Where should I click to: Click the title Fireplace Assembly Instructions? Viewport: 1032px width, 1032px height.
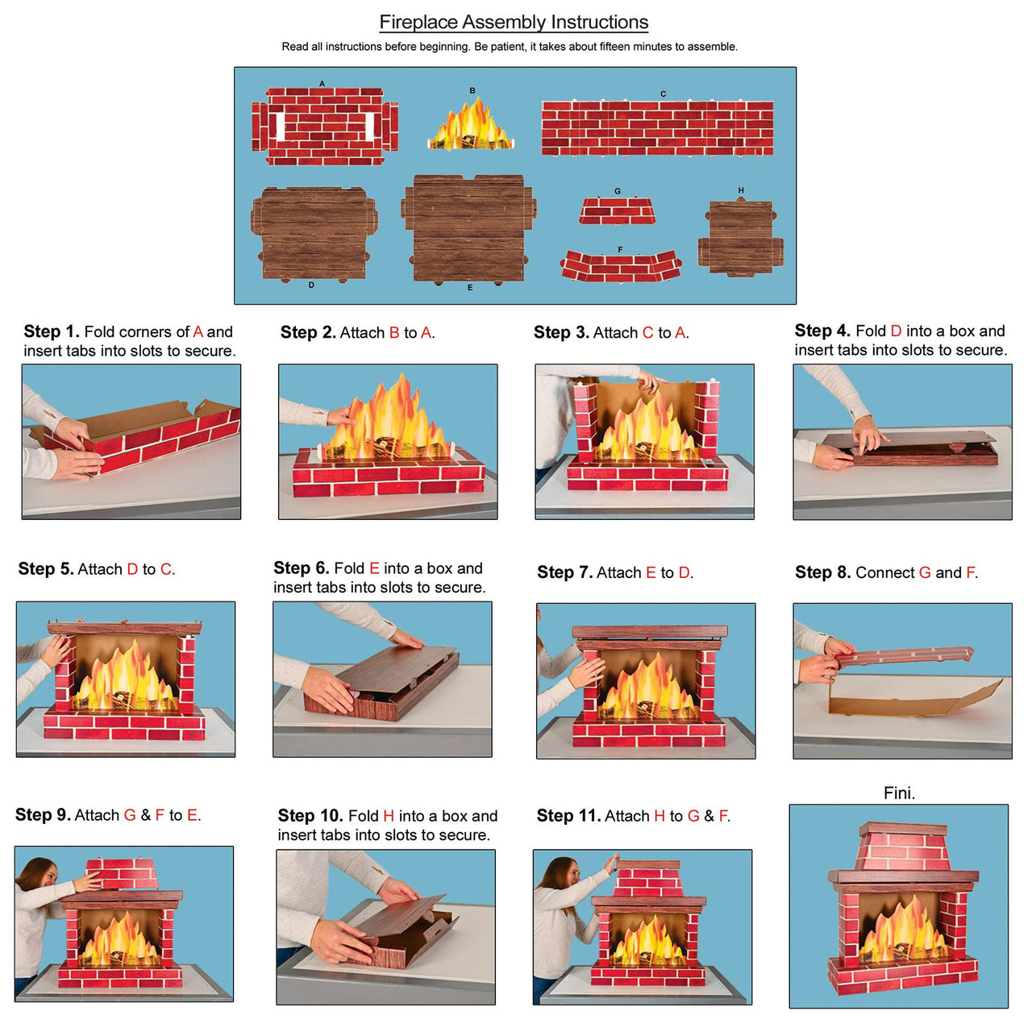click(x=514, y=23)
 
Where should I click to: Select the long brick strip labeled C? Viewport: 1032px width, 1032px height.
click(x=657, y=127)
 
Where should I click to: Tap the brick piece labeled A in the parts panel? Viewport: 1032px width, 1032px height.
click(x=325, y=126)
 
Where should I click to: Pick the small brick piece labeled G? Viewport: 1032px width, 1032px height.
click(x=617, y=211)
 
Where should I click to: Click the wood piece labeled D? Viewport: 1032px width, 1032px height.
click(x=313, y=234)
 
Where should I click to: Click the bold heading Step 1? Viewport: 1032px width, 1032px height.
click(x=51, y=331)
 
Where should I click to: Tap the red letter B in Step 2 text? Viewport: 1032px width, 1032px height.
click(x=394, y=333)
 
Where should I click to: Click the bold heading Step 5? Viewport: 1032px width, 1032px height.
click(x=45, y=569)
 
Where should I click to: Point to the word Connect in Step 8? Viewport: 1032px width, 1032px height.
click(x=884, y=572)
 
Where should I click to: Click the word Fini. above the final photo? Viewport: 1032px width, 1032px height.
click(x=899, y=793)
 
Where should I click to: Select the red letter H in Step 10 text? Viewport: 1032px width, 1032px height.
click(x=389, y=816)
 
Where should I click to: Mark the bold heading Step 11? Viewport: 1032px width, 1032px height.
click(x=568, y=816)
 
